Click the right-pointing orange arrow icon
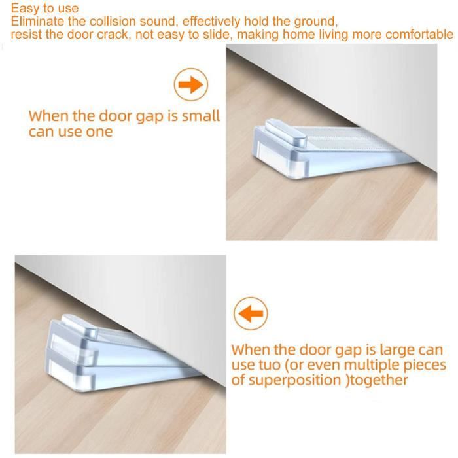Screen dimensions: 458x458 click(x=191, y=84)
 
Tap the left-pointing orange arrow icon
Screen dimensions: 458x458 click(x=251, y=313)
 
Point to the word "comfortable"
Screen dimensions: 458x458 click(x=419, y=35)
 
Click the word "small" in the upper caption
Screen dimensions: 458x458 click(x=201, y=116)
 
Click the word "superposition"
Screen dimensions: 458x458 click(x=294, y=381)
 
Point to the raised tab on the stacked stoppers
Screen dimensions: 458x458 click(x=79, y=326)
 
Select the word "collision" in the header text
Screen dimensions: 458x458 click(x=113, y=22)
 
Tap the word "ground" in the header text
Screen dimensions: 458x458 click(x=315, y=22)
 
